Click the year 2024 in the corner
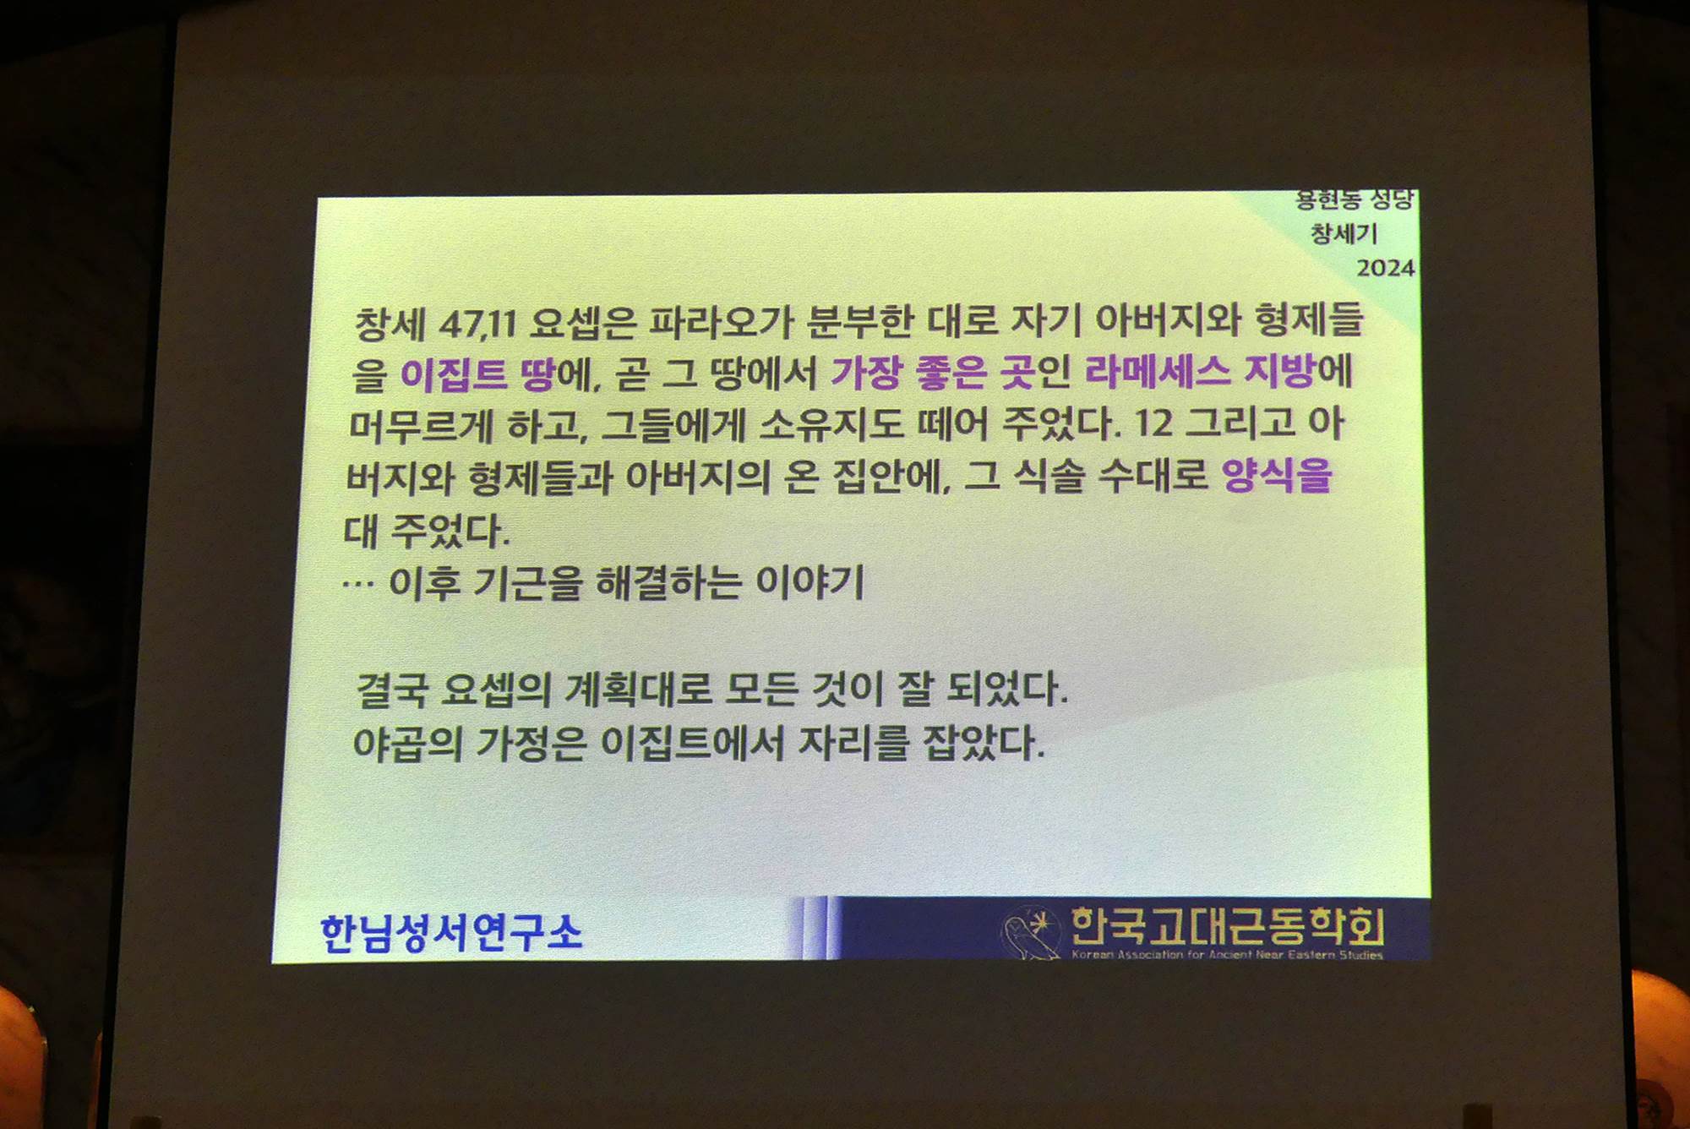[1385, 268]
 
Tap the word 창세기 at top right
[1344, 232]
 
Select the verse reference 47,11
[477, 323]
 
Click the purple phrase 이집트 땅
[477, 374]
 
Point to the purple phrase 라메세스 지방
[1200, 371]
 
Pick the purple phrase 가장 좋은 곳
[934, 372]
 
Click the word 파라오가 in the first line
[721, 322]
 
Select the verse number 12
[1153, 423]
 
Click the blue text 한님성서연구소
[451, 933]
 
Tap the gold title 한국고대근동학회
[1227, 926]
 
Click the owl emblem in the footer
[1030, 932]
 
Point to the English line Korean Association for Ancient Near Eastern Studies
[1227, 955]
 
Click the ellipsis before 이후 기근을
[358, 583]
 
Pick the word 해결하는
[669, 582]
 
